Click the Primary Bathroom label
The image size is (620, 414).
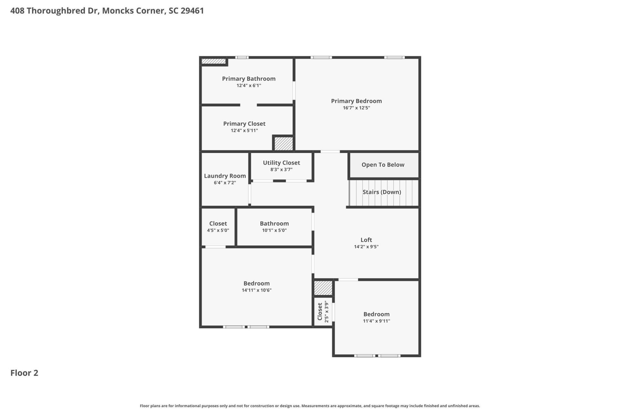click(x=249, y=79)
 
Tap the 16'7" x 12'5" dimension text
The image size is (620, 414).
click(x=356, y=108)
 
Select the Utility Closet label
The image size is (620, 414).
click(x=281, y=163)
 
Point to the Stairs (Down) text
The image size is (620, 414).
click(x=382, y=192)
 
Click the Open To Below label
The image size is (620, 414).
click(x=383, y=165)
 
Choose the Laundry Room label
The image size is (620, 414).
click(x=225, y=176)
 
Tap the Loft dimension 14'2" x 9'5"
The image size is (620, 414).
click(x=366, y=246)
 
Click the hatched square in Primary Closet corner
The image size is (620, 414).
click(x=284, y=143)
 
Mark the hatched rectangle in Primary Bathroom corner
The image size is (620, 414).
click(x=213, y=61)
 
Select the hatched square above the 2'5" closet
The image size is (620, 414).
click(x=323, y=288)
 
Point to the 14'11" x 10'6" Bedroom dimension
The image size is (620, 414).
click(x=256, y=290)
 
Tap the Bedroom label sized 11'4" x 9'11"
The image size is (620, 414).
click(x=376, y=314)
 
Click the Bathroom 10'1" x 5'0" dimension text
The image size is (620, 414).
click(x=274, y=230)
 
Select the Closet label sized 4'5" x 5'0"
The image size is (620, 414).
click(x=218, y=223)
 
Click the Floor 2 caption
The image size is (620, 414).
click(x=24, y=373)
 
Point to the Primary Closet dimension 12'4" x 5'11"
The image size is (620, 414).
click(x=244, y=130)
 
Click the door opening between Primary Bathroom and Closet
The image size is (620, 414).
click(x=248, y=105)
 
